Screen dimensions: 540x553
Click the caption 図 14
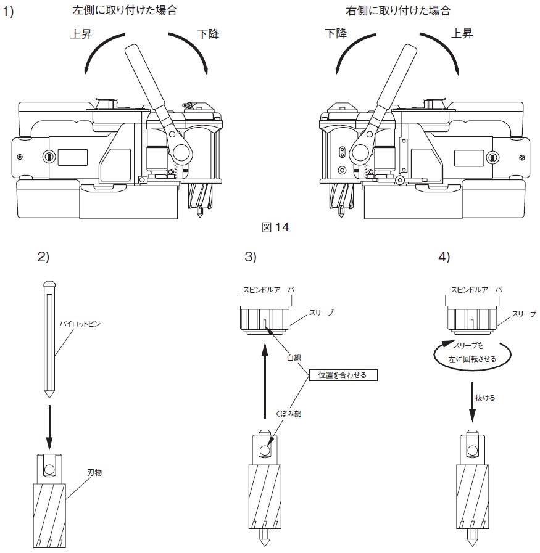(275, 227)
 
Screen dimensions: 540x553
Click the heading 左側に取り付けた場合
(125, 10)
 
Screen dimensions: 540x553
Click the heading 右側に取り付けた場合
(398, 10)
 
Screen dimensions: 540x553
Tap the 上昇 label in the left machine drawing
(81, 34)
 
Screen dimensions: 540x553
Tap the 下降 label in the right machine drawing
(336, 33)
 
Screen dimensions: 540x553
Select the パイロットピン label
(80, 324)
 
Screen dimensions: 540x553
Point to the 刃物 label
(94, 472)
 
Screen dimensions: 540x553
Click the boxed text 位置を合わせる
(343, 375)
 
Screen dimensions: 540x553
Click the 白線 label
(294, 358)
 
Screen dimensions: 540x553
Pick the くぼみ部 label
(288, 414)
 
